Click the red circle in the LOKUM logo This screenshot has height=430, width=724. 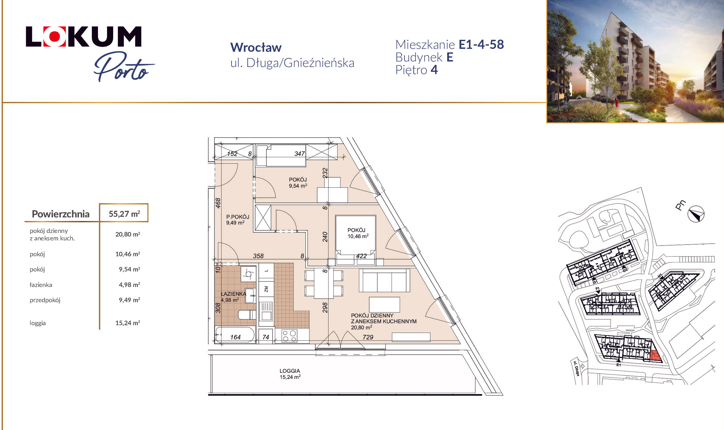[x=55, y=36]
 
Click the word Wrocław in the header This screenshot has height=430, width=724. [x=256, y=48]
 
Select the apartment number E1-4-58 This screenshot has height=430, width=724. [x=481, y=45]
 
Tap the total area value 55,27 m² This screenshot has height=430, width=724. [x=124, y=214]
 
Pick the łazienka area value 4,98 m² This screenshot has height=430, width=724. [x=129, y=285]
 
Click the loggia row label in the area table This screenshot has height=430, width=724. [x=38, y=323]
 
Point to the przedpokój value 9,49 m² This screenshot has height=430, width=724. [x=129, y=300]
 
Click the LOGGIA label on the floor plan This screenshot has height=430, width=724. [x=290, y=371]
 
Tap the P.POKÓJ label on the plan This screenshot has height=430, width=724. [x=238, y=217]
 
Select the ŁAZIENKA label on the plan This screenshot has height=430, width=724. [x=233, y=294]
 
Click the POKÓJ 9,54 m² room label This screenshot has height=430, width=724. [x=298, y=182]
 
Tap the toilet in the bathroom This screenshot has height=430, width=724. [x=247, y=314]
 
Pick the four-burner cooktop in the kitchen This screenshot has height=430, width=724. [x=289, y=336]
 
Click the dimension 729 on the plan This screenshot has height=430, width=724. [x=368, y=337]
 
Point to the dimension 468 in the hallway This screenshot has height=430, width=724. [x=218, y=203]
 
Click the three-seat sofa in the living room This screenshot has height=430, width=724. [x=384, y=281]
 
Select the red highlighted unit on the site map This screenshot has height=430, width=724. [x=655, y=356]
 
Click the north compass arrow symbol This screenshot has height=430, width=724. [x=696, y=214]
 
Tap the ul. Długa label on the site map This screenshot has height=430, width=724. [x=576, y=368]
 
